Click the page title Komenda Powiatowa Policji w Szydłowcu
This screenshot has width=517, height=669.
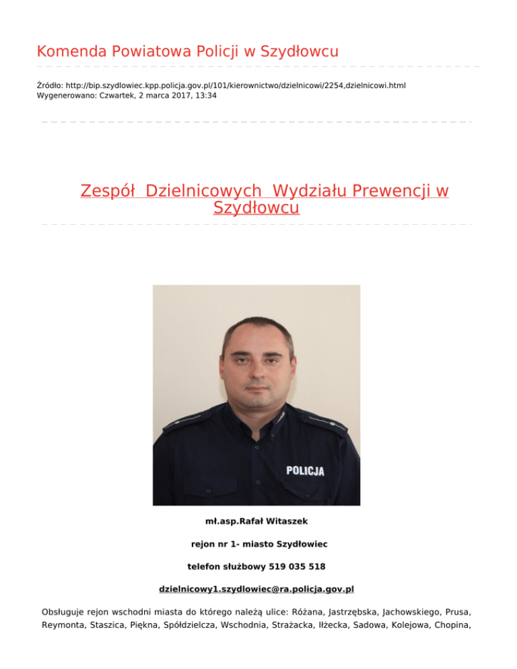188,51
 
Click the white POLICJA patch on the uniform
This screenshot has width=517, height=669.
305,470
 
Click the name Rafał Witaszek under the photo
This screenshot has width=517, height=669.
279,521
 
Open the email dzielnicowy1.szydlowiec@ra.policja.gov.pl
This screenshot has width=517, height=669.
256,590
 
